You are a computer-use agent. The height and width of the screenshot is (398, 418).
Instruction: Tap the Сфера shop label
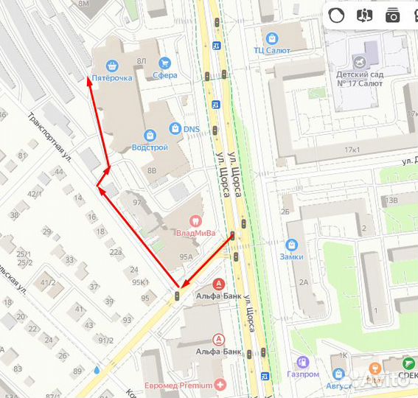[x=165, y=74]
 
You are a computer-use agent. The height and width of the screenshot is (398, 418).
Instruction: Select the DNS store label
[x=192, y=130]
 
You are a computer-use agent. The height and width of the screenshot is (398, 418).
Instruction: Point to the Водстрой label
[x=150, y=147]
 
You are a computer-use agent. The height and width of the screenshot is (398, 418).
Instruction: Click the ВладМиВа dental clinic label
[x=195, y=233]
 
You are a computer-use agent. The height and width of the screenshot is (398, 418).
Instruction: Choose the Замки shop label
[x=291, y=256]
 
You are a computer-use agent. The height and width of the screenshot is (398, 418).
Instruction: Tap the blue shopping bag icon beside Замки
[x=291, y=245]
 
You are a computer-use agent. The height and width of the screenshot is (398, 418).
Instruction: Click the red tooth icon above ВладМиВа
[x=195, y=220]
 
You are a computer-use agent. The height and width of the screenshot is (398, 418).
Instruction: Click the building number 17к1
[x=352, y=150]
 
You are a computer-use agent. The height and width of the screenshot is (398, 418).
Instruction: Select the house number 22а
[x=116, y=251]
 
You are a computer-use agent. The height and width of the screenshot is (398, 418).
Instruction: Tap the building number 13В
[x=389, y=200]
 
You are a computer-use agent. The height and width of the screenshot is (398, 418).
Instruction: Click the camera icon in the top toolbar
[x=391, y=15]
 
